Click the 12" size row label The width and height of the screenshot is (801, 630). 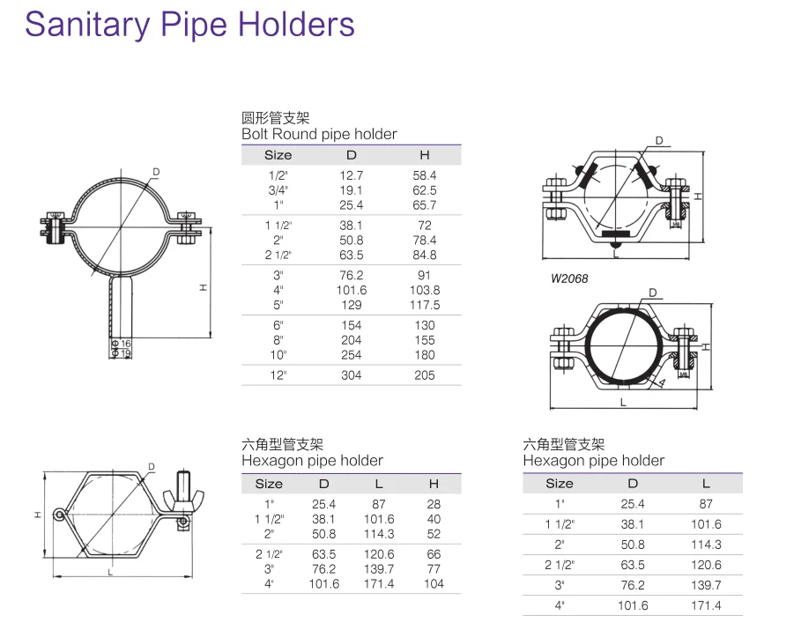[278, 375]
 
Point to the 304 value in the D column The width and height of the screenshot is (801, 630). [351, 375]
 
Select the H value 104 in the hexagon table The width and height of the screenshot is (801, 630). [434, 583]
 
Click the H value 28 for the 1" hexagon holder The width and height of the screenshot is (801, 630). [434, 504]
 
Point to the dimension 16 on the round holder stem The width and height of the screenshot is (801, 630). [125, 343]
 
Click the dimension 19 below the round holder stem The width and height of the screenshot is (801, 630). [125, 353]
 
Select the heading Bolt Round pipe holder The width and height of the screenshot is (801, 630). [319, 135]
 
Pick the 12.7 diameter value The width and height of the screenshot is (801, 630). [351, 175]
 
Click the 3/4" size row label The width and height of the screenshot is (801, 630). [278, 190]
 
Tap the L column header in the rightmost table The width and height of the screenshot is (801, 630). [706, 483]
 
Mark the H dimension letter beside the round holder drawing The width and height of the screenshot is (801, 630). [203, 288]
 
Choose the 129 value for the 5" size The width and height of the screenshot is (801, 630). [351, 305]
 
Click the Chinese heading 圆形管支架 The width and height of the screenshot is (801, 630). [275, 118]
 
